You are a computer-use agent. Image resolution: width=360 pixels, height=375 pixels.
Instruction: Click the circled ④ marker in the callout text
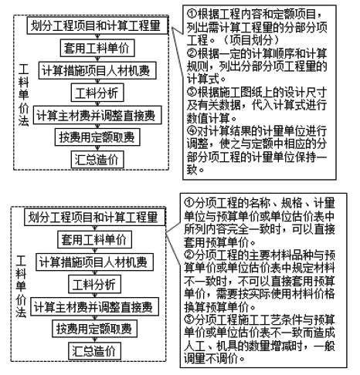pos(192,130)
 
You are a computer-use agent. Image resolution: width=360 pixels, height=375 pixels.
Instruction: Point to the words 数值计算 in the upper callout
pos(208,118)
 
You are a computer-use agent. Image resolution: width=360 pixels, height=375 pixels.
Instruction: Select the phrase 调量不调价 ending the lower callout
pos(211,358)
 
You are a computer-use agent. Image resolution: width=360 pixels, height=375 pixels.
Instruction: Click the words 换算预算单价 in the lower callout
pos(216,307)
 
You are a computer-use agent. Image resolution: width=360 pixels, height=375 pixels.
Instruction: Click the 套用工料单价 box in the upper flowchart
pos(97,48)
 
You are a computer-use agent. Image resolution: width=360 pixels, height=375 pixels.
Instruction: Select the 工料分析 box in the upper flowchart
pos(97,93)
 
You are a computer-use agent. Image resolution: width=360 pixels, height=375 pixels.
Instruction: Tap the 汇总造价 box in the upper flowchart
pos(97,160)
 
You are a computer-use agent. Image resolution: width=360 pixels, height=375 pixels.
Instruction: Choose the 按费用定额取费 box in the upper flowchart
pos(97,137)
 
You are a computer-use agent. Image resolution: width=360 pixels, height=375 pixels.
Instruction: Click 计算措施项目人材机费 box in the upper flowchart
pos(97,70)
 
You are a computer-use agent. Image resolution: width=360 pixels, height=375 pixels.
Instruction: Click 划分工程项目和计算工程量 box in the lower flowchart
pos(95,218)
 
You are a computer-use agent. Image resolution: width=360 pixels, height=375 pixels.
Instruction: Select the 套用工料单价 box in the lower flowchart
pos(94,239)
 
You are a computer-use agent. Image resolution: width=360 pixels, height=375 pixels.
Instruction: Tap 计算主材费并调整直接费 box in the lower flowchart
pos(94,306)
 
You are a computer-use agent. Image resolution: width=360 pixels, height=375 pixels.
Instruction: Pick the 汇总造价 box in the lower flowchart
pos(94,351)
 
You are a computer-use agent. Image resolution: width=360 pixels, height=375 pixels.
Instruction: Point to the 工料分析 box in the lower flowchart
pos(94,284)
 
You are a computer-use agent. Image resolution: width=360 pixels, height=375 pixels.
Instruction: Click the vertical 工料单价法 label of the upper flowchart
pos(23,95)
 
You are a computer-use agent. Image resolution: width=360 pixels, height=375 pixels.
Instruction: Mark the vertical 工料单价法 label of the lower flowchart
pos(21,286)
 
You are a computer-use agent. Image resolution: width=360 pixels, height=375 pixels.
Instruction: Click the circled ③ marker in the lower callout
pos(188,319)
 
